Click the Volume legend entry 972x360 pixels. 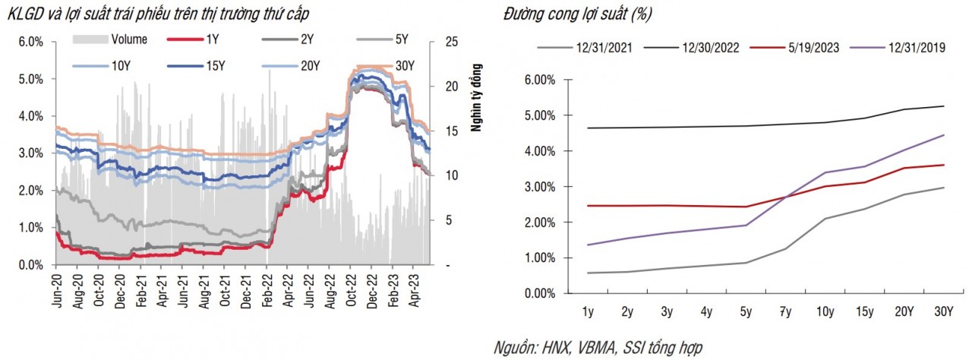tap(128, 39)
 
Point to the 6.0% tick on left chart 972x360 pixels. tap(29, 41)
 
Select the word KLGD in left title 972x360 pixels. tap(21, 14)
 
